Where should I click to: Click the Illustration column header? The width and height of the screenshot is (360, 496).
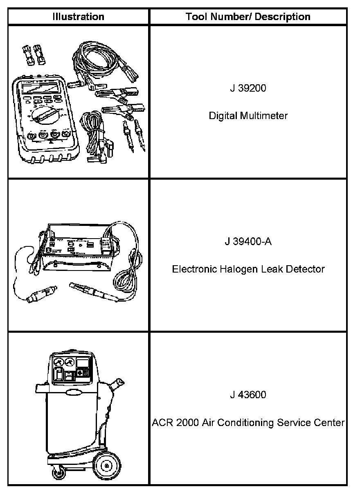[78, 17]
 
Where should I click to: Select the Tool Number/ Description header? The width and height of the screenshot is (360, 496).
[248, 17]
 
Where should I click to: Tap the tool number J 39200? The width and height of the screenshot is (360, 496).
[248, 88]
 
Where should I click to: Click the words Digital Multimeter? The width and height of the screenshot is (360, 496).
[248, 116]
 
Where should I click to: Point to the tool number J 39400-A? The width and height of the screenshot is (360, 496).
[248, 241]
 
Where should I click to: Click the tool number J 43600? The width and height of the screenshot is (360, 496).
[248, 395]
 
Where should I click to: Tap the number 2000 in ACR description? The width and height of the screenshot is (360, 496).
[189, 423]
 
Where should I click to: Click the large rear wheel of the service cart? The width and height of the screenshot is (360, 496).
[107, 466]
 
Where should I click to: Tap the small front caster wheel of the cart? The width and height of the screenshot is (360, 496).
[56, 474]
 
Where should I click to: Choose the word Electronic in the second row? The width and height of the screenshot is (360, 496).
[191, 269]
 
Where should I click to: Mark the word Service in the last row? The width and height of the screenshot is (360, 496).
[296, 423]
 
